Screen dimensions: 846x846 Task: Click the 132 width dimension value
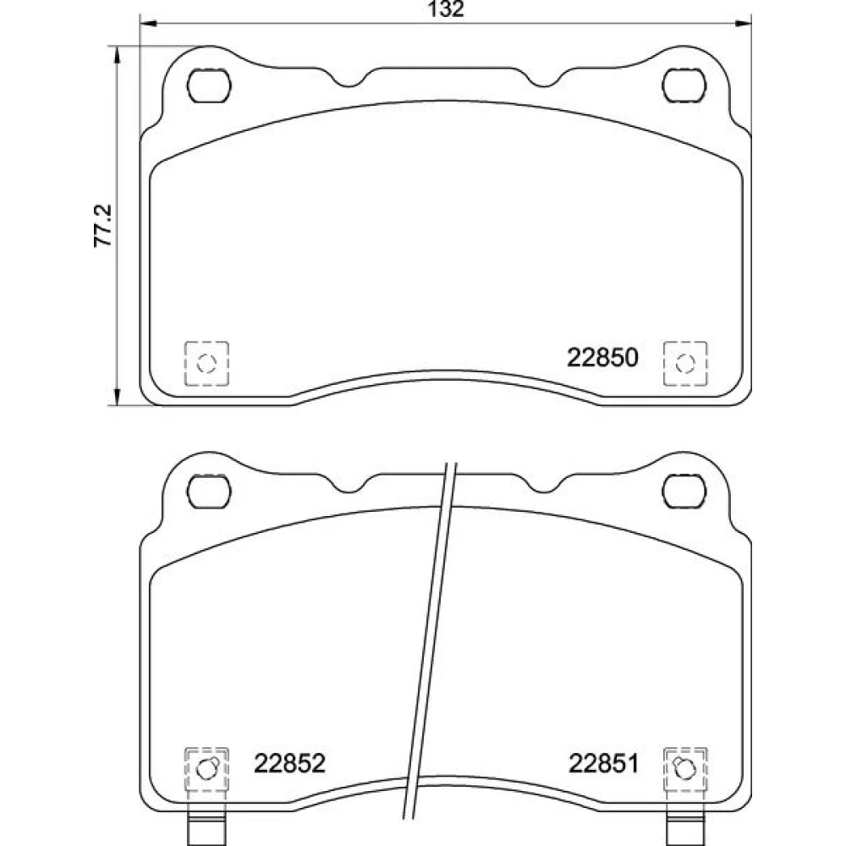pos(446,9)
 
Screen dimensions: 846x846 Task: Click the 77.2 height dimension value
pos(103,226)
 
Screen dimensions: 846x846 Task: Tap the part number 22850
pos(602,357)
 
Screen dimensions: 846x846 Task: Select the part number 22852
pos(289,763)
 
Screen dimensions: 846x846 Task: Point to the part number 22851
pos(603,763)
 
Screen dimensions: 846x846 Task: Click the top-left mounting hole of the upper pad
pos(209,85)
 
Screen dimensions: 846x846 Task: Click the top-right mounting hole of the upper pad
pos(684,85)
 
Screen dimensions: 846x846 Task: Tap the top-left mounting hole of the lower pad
pos(209,492)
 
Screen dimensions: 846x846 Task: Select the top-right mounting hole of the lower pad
pos(684,492)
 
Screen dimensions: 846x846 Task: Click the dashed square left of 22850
pos(206,363)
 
